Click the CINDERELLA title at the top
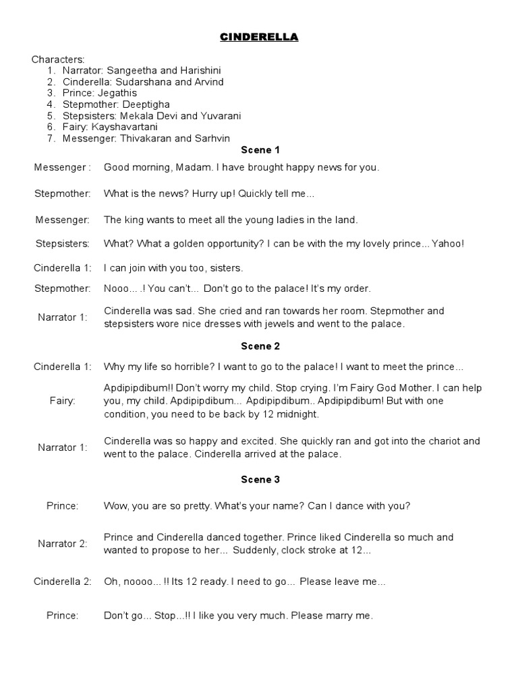259,38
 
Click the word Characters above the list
58,60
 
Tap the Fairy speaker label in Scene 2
62,400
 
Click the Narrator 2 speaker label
62,543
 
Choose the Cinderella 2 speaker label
62,581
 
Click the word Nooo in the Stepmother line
117,288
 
